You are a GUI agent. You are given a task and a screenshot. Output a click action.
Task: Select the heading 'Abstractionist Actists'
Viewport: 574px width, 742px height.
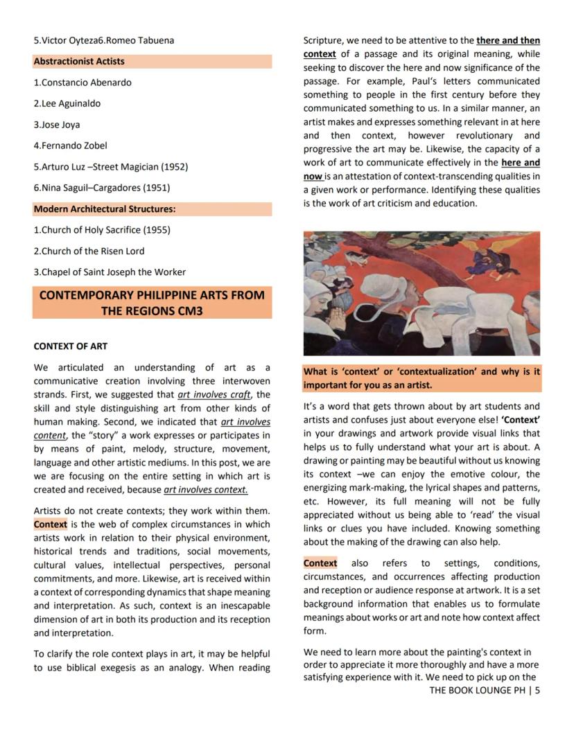[x=79, y=61]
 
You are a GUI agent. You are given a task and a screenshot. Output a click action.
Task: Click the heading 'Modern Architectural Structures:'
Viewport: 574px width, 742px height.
[x=105, y=209]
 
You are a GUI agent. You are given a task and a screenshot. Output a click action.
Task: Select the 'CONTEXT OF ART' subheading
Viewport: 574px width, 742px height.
[x=71, y=346]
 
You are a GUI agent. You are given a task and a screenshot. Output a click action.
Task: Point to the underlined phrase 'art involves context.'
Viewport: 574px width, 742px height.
[x=205, y=490]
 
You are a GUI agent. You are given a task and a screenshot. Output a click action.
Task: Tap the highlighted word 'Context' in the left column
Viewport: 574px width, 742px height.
[x=51, y=524]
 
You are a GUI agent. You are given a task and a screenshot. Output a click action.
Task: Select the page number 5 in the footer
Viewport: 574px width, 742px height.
[x=537, y=690]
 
